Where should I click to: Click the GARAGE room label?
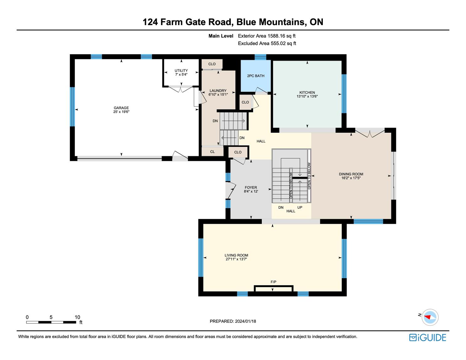[x=121, y=108]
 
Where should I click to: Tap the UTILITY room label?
[x=181, y=71]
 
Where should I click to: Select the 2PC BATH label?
[x=256, y=76]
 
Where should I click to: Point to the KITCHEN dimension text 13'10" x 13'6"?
[x=307, y=96]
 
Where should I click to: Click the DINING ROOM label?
[x=351, y=174]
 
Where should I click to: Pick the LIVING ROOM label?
[x=236, y=255]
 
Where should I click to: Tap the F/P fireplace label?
[x=274, y=282]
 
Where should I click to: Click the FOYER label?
[x=251, y=187]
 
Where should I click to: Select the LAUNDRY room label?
[x=218, y=91]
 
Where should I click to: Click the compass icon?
[x=430, y=317]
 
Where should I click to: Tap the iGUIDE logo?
[x=428, y=337]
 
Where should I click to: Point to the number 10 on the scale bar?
[x=78, y=317]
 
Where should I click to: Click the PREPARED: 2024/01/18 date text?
[x=233, y=321]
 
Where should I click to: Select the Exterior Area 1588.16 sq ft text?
[x=267, y=36]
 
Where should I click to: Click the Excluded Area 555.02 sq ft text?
[x=267, y=44]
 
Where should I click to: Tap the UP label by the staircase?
[x=300, y=207]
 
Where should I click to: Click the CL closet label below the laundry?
[x=212, y=152]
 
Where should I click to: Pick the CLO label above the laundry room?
[x=212, y=64]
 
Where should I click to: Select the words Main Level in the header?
[x=221, y=36]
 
